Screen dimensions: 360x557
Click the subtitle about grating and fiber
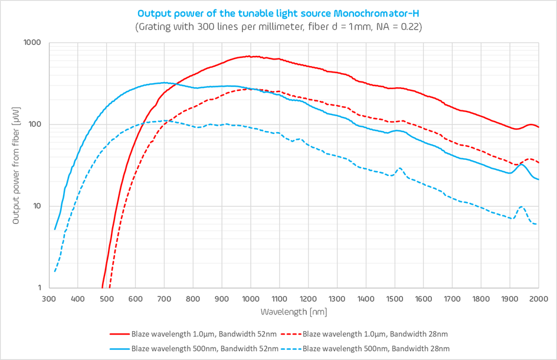(x=278, y=27)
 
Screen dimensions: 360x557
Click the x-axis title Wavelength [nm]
(x=293, y=311)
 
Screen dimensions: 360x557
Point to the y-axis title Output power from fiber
(x=16, y=165)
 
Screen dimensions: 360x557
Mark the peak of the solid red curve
(x=251, y=57)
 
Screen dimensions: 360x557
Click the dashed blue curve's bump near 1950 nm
(x=522, y=207)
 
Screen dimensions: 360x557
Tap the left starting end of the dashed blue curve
(x=55, y=271)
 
